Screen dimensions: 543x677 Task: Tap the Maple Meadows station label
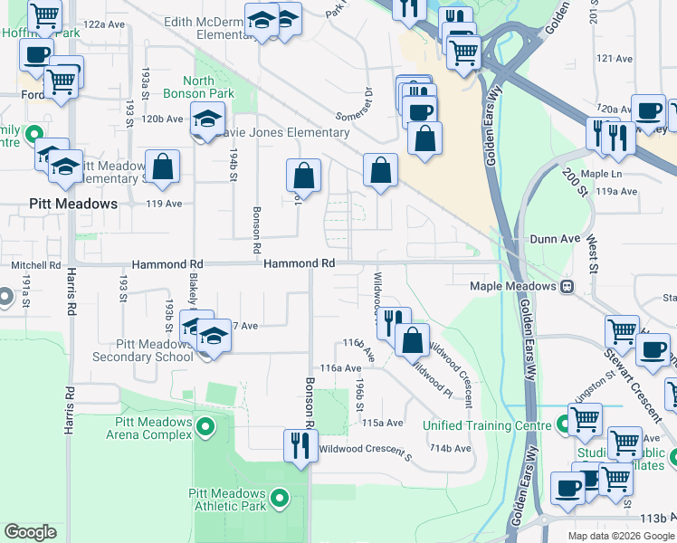pyautogui.click(x=512, y=287)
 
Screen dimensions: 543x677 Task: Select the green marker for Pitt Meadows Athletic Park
pyautogui.click(x=280, y=496)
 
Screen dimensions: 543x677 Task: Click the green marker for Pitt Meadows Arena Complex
pyautogui.click(x=205, y=425)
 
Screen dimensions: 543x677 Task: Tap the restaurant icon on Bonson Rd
pyautogui.click(x=300, y=444)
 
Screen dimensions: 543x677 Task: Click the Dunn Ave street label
pyautogui.click(x=554, y=239)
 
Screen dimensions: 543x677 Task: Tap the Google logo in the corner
pyautogui.click(x=30, y=532)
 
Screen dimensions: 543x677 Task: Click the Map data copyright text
pyautogui.click(x=621, y=536)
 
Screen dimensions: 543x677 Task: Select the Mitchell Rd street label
pyautogui.click(x=35, y=266)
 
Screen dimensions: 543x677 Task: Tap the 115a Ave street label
pyautogui.click(x=382, y=423)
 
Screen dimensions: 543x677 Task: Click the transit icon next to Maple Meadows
pyautogui.click(x=567, y=287)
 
